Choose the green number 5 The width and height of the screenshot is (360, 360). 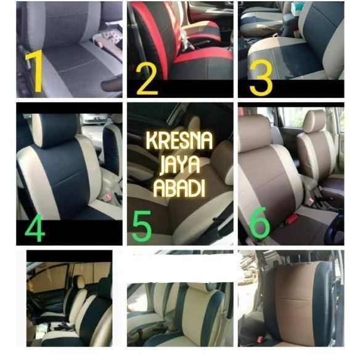[x=142, y=226]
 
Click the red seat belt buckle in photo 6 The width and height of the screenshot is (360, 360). [x=292, y=219]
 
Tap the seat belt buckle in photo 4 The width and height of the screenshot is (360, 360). [x=108, y=199]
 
